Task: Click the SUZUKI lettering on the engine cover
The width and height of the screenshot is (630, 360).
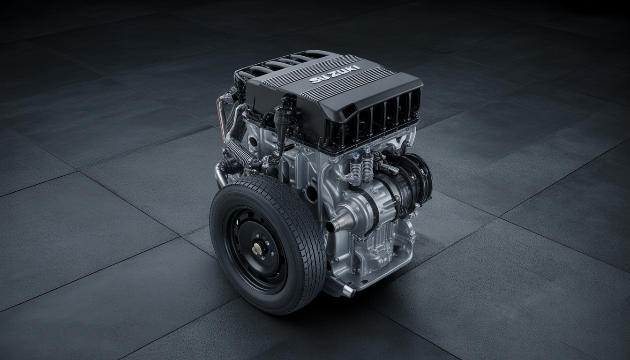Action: coord(334,74)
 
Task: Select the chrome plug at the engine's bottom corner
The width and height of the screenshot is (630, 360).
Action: coord(349,291)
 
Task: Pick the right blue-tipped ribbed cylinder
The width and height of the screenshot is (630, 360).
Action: coord(367,164)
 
